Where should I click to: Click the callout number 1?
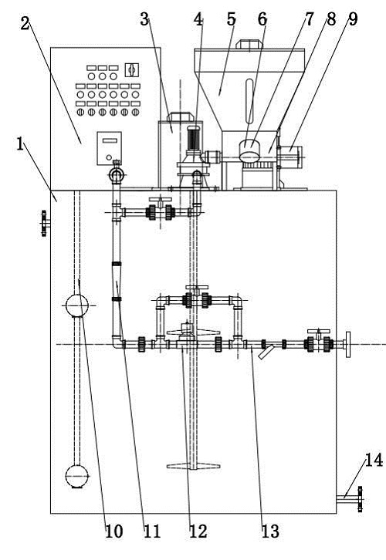(x=21, y=144)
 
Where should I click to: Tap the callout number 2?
(x=25, y=24)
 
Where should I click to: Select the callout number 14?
(x=374, y=460)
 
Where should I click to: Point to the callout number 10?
(x=114, y=531)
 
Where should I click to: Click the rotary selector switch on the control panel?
(x=131, y=69)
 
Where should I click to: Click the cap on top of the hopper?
(x=249, y=44)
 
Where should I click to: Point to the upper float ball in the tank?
(x=77, y=305)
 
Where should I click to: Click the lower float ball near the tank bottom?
(x=77, y=476)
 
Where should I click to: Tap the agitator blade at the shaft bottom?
(x=193, y=465)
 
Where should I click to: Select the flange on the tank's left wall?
(x=44, y=224)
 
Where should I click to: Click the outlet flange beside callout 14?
(x=360, y=499)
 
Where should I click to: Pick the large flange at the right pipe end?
(x=347, y=344)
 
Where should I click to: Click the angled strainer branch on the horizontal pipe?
(x=266, y=352)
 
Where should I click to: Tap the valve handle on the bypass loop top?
(x=197, y=288)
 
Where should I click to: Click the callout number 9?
(x=353, y=19)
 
